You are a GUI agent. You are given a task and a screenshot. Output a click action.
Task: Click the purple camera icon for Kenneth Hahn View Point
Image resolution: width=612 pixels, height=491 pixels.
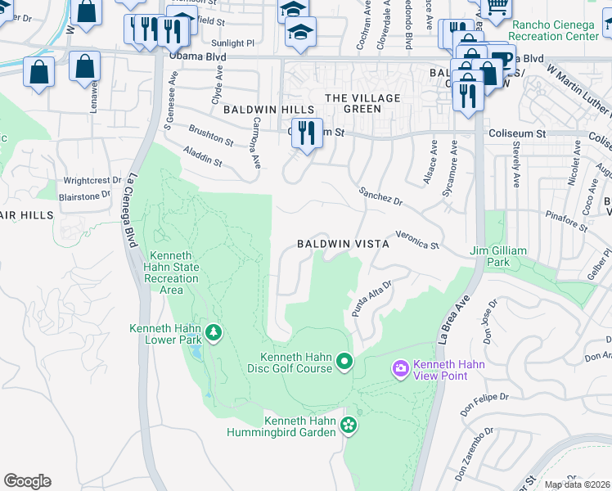tap(400, 369)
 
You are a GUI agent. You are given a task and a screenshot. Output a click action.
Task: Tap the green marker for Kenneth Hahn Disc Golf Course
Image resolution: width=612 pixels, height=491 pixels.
tap(344, 361)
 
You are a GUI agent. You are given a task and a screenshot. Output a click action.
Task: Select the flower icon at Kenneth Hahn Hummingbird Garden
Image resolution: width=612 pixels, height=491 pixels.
tap(349, 424)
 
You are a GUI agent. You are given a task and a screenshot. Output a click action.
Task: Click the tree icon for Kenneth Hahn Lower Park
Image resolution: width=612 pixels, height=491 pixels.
tap(214, 332)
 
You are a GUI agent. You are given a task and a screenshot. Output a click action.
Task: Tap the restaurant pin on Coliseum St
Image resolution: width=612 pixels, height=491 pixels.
tap(307, 132)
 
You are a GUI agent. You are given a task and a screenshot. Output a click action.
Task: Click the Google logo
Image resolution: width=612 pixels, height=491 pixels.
tap(27, 481)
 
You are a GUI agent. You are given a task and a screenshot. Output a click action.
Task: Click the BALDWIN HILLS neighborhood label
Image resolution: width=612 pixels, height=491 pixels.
tap(273, 110)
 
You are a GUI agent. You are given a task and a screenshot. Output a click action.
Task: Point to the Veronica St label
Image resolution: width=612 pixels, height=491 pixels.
tap(417, 240)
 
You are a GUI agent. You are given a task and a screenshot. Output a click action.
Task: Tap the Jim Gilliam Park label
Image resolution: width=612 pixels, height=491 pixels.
tap(501, 256)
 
